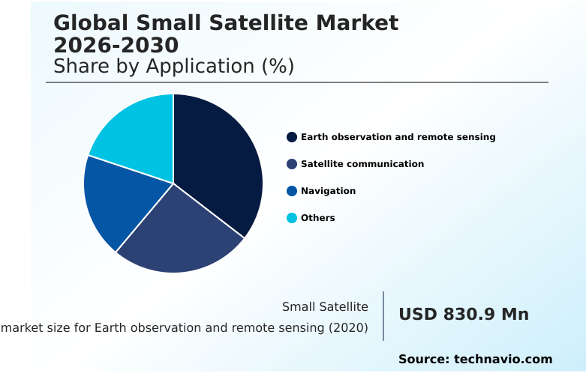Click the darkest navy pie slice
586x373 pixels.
pyautogui.click(x=221, y=165)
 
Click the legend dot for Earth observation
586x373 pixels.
pyautogui.click(x=292, y=137)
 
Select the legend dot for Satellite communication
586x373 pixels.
pyautogui.click(x=292, y=164)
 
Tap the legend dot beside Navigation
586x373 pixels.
pyautogui.click(x=292, y=191)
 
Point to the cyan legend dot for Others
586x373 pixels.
pyautogui.click(x=292, y=218)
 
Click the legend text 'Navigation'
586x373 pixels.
pyautogui.click(x=328, y=191)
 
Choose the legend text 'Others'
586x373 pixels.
pyautogui.click(x=317, y=218)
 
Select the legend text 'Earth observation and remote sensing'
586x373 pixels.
pyautogui.click(x=398, y=137)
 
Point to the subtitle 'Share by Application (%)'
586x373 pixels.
pyautogui.click(x=173, y=67)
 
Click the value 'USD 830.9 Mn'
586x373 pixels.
pyautogui.click(x=463, y=315)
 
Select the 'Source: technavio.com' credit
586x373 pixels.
pyautogui.click(x=475, y=359)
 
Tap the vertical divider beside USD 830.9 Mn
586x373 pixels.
pyautogui.click(x=383, y=316)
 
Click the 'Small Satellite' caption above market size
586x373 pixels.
pyautogui.click(x=325, y=306)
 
